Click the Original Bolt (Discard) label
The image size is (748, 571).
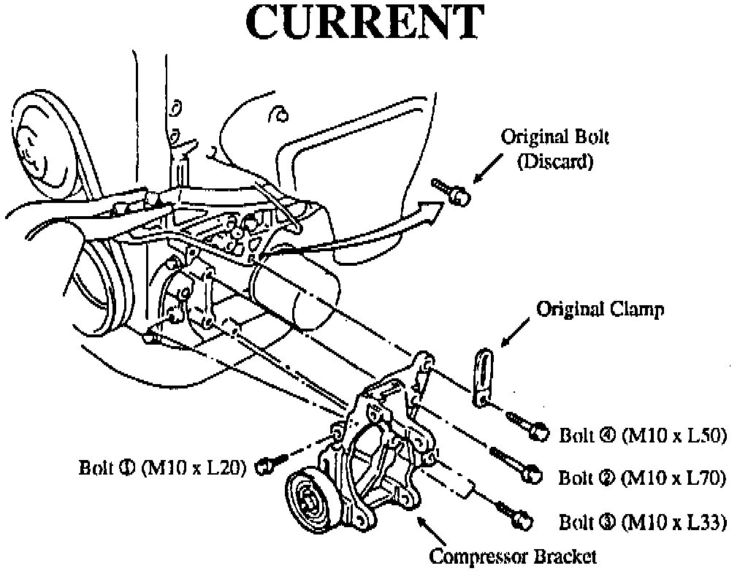pos(554,148)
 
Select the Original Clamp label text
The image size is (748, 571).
pos(600,309)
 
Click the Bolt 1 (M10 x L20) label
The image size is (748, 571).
pos(163,466)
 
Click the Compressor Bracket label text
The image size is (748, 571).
pos(513,557)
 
